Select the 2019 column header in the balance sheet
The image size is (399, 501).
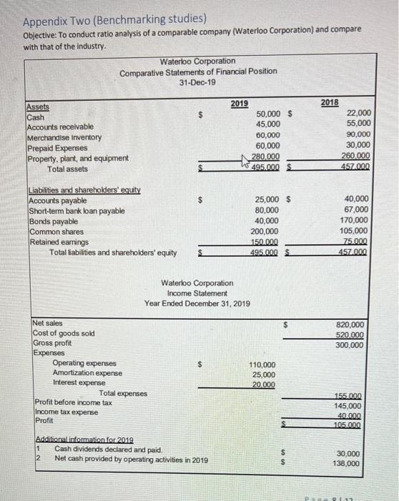[x=240, y=104]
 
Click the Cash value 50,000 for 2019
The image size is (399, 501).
[x=267, y=115]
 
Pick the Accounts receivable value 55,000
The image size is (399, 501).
[x=357, y=125]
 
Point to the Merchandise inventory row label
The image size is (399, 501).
[x=64, y=137]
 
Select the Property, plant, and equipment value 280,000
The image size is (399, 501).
[x=266, y=157]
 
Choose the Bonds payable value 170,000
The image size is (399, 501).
[x=355, y=220]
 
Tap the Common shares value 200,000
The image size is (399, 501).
[x=266, y=231]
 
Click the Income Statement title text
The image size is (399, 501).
[x=197, y=293]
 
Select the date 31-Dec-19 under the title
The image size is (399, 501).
[x=197, y=82]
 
